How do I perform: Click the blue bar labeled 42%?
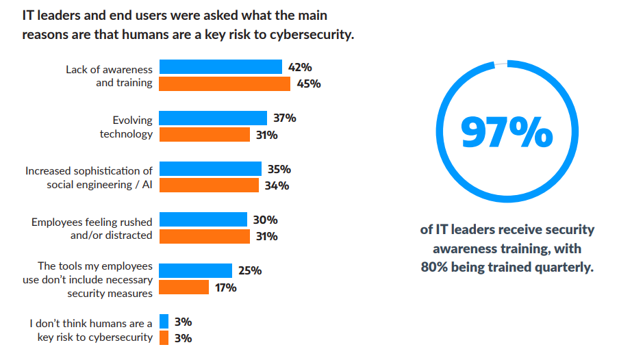(x=220, y=67)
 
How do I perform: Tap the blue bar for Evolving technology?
(x=213, y=118)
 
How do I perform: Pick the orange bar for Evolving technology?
(x=205, y=135)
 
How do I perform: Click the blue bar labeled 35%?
(x=210, y=169)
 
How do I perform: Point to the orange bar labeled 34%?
(x=209, y=185)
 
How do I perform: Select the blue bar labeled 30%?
(x=203, y=220)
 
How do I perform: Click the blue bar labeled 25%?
(x=196, y=270)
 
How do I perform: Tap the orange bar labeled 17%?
(x=184, y=287)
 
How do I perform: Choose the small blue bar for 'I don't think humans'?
(x=164, y=322)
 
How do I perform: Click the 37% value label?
(x=285, y=118)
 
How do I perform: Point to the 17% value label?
(x=225, y=287)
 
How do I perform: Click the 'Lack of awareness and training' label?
(x=110, y=75)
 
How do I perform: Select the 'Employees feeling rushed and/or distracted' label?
(x=92, y=229)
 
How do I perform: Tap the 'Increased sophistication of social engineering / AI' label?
(x=89, y=177)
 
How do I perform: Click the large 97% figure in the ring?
(x=507, y=132)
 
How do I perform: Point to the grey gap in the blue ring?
(x=501, y=64)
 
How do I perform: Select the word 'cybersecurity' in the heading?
(x=308, y=34)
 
